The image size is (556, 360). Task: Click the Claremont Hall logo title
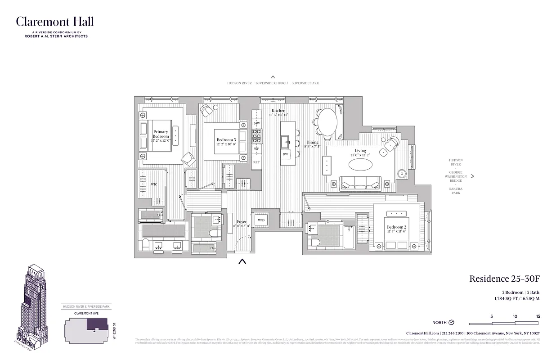click(x=55, y=22)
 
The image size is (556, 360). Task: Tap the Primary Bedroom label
click(x=161, y=134)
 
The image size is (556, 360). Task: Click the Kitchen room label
click(x=278, y=111)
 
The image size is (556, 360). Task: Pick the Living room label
click(x=360, y=151)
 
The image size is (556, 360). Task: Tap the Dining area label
click(x=312, y=143)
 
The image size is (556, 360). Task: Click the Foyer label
click(x=242, y=222)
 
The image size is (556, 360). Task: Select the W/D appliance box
click(x=260, y=220)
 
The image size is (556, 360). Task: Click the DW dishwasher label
click(x=285, y=154)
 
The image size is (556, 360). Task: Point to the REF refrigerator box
click(x=256, y=162)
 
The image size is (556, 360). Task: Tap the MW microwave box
click(x=257, y=123)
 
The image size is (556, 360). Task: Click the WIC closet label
click(x=154, y=184)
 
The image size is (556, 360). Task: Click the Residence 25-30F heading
click(x=504, y=279)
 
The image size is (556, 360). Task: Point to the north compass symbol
click(x=452, y=322)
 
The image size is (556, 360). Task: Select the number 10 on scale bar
click(x=515, y=316)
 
